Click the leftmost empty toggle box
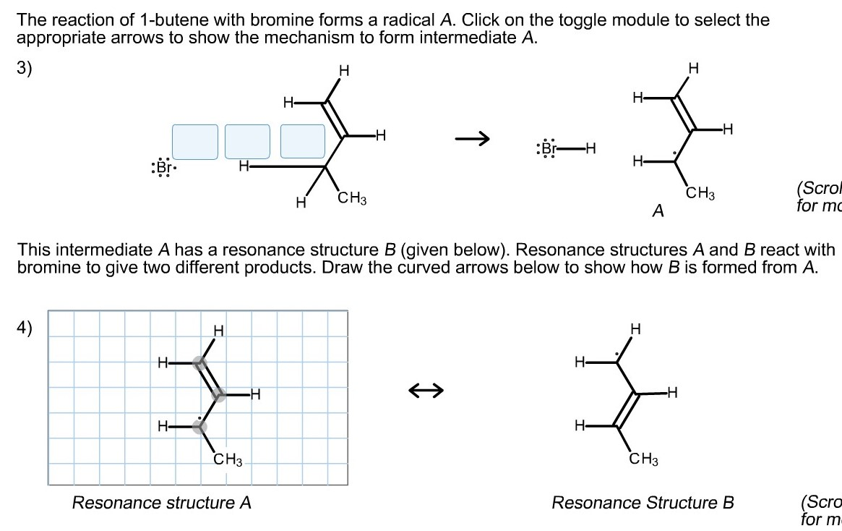tap(194, 142)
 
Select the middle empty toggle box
tap(247, 142)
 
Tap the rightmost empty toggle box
tap(303, 142)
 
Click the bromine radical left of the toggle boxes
tap(163, 168)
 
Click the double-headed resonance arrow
tap(426, 391)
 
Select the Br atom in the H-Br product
tap(549, 150)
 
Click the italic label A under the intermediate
tap(658, 211)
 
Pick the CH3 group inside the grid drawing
tap(228, 459)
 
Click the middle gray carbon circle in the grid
tap(218, 395)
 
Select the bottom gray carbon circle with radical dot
tap(199, 427)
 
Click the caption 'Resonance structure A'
tap(161, 503)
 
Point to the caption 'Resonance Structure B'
tap(643, 503)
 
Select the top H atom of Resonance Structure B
tap(635, 330)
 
